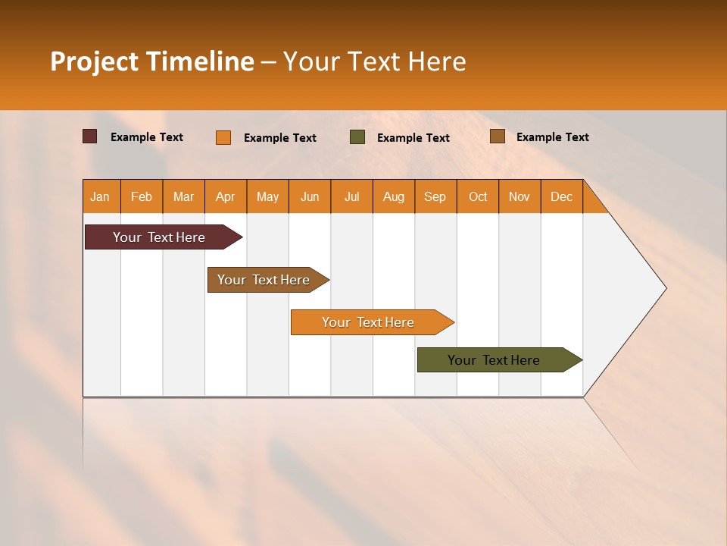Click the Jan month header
(100, 196)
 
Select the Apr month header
(225, 196)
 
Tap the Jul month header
(351, 196)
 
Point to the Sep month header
(435, 196)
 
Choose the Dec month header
(561, 196)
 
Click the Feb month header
(142, 196)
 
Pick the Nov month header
(519, 196)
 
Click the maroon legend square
(89, 136)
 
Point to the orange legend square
(223, 137)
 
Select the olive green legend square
(357, 137)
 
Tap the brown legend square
(497, 136)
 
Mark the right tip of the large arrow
(665, 288)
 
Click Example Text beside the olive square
(413, 138)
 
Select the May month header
(267, 196)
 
